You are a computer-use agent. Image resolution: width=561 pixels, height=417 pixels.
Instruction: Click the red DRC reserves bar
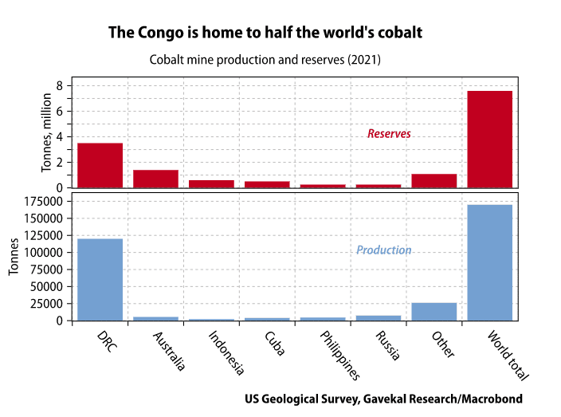coord(100,165)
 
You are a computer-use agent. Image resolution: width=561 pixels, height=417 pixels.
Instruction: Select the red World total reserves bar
coord(489,140)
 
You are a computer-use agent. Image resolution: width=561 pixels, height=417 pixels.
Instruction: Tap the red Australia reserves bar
coord(155,179)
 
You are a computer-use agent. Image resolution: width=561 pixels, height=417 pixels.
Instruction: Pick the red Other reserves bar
coord(433,181)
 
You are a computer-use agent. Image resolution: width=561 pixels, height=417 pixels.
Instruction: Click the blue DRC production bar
coord(100,279)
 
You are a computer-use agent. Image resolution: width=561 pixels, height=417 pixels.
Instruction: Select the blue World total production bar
coord(489,262)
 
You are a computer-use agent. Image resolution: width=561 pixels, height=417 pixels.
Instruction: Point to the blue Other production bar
coord(433,312)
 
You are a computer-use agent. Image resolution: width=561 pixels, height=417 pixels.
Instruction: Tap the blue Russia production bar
coord(378,317)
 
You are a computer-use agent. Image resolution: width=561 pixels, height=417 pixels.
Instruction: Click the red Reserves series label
coord(389,134)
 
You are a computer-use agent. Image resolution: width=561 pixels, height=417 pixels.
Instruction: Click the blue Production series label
coord(383,250)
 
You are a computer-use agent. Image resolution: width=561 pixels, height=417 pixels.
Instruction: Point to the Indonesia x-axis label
coord(226,352)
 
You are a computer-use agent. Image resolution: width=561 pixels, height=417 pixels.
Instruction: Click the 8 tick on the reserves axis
coord(60,86)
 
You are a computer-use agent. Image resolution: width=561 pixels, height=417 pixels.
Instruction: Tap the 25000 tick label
coord(50,304)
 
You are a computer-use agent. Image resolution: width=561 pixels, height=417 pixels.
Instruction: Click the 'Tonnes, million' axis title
coord(46,132)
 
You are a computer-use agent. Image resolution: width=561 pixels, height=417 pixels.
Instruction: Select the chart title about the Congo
coord(265,33)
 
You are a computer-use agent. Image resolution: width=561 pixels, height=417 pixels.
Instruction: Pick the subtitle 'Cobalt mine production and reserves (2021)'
coord(265,60)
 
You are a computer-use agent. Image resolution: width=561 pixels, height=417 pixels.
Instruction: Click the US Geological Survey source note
coord(383,398)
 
